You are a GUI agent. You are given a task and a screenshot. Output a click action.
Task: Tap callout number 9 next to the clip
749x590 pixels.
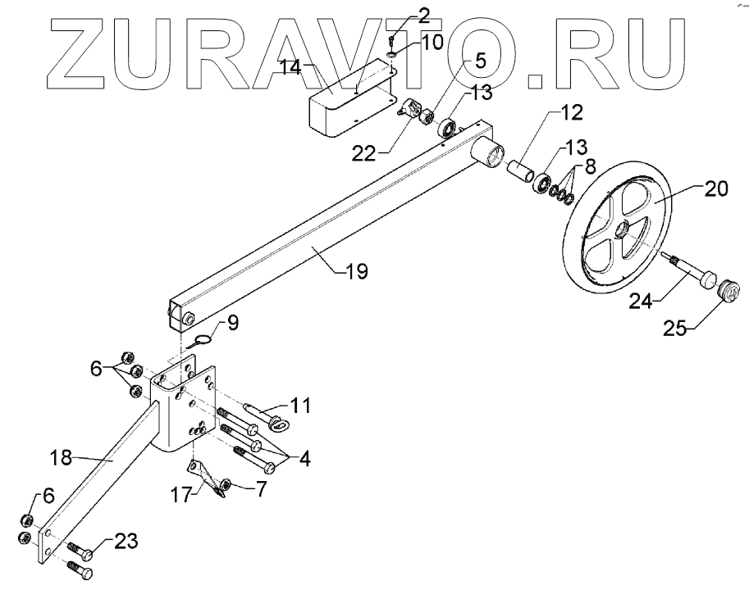point(232,323)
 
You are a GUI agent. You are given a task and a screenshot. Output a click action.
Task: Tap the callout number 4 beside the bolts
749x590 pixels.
point(304,459)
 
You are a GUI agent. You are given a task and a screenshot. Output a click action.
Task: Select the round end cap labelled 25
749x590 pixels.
point(729,289)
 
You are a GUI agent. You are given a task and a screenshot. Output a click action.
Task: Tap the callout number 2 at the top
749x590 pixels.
point(401,14)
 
